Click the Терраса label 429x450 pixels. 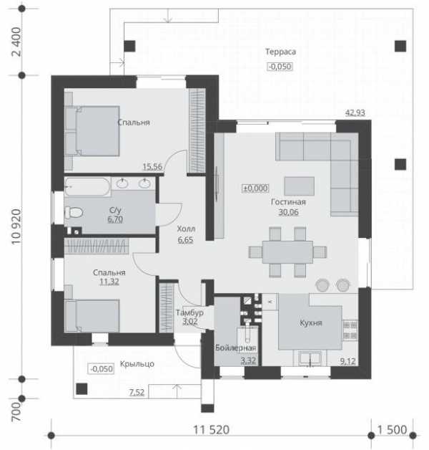[x=280, y=52]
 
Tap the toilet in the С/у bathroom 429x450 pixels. [x=74, y=213]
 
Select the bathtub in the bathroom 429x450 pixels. [x=87, y=186]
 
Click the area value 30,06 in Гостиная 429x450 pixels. [x=288, y=212]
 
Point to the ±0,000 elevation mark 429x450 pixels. [x=255, y=188]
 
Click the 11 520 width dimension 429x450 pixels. [x=212, y=430]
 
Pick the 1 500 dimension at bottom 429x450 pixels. [x=392, y=430]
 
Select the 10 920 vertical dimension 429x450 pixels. [x=16, y=226]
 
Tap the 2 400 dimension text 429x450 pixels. [x=16, y=42]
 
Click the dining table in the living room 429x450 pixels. [x=287, y=252]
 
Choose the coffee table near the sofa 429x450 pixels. [x=300, y=186]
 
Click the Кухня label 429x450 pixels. [x=311, y=323]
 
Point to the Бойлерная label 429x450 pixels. [x=235, y=348]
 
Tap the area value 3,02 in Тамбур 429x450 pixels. [x=190, y=322]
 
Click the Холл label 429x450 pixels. [x=186, y=229]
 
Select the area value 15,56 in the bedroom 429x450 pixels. [x=152, y=166]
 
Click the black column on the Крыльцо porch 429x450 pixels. [x=82, y=389]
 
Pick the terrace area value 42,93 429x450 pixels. [x=355, y=112]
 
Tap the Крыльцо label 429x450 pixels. [x=137, y=364]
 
